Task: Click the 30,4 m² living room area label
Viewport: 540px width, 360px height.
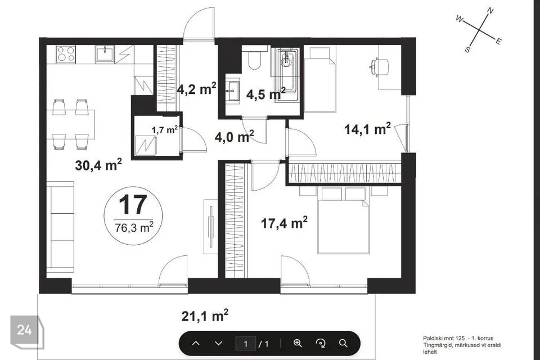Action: click(x=98, y=165)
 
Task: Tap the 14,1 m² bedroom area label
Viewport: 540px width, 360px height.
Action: click(x=367, y=129)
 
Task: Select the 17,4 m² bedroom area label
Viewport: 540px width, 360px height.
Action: click(x=284, y=223)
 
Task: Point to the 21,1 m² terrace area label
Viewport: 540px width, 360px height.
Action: click(x=205, y=316)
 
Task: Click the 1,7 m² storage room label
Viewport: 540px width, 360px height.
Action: click(x=165, y=130)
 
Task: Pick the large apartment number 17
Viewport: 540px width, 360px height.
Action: click(x=133, y=204)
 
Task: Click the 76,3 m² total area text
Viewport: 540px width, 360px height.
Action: click(x=134, y=227)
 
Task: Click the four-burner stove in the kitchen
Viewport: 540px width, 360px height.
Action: click(x=66, y=54)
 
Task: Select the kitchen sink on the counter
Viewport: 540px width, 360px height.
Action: click(x=105, y=54)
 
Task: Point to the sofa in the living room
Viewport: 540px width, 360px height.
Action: click(x=60, y=227)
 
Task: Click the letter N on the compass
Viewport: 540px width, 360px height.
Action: click(x=490, y=11)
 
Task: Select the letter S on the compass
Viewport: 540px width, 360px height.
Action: click(x=467, y=49)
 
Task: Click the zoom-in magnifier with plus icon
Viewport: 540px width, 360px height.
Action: click(x=298, y=343)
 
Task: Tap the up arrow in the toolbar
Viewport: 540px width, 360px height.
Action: click(x=196, y=344)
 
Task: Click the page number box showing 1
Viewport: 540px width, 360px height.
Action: click(x=246, y=344)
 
